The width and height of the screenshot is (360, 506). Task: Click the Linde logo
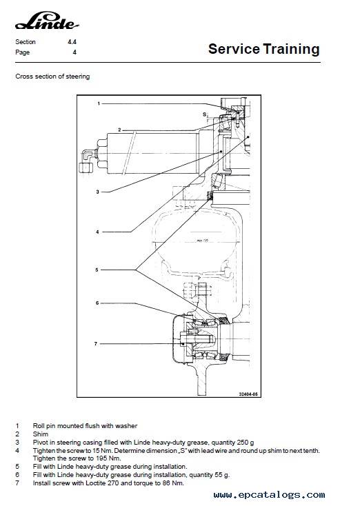(47, 21)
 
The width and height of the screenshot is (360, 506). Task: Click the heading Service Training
(263, 49)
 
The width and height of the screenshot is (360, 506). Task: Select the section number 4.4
(72, 41)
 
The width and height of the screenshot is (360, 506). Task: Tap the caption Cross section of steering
(52, 77)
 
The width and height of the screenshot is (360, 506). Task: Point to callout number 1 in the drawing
(99, 103)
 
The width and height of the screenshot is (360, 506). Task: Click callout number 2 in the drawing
(119, 130)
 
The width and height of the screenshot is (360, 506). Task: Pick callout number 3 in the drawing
(97, 192)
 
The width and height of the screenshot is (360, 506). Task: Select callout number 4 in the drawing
(97, 232)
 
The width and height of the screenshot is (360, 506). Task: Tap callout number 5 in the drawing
(97, 270)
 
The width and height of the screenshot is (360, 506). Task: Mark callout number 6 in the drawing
(97, 303)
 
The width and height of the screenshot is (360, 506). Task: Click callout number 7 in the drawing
(96, 344)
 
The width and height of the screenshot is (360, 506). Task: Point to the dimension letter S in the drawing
(204, 114)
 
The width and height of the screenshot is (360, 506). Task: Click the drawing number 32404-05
(248, 394)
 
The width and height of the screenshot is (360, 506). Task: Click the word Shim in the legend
(41, 434)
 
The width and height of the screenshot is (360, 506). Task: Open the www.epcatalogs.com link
(269, 495)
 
